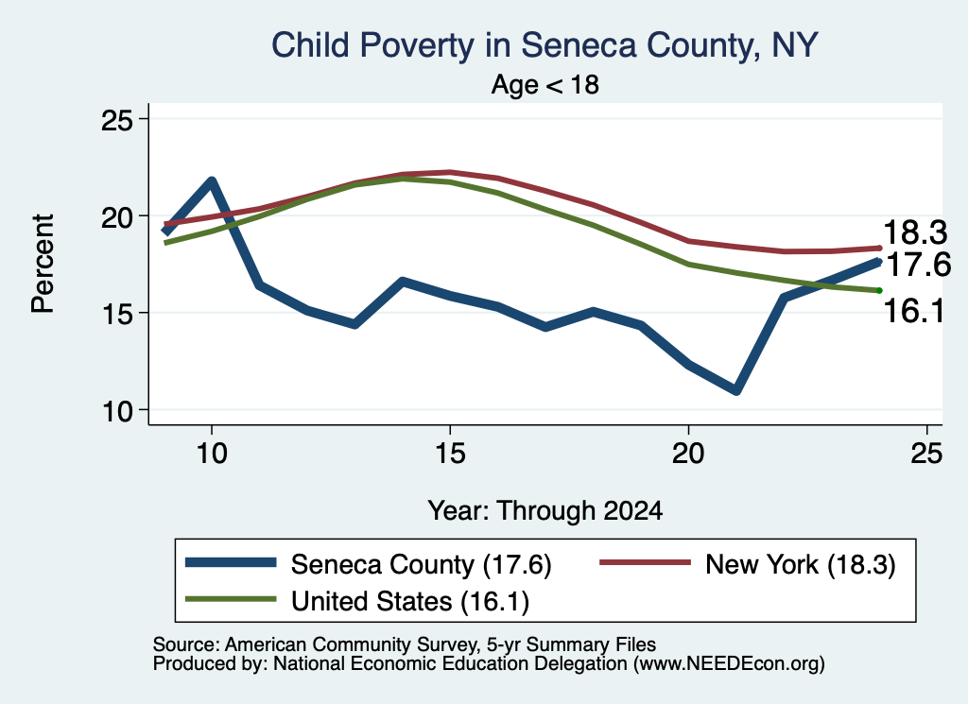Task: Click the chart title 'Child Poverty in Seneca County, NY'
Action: (x=544, y=45)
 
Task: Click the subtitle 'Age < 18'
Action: (x=545, y=84)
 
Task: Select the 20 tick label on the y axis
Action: (x=117, y=216)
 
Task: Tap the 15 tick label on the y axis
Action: (x=117, y=314)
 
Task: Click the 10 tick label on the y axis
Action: (x=117, y=410)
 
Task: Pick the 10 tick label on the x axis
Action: (x=212, y=454)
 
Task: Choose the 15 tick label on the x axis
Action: (x=450, y=454)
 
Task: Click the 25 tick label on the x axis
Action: (x=926, y=454)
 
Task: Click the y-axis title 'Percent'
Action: (x=43, y=264)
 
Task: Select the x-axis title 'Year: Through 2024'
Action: (x=545, y=511)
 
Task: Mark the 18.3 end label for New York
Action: (x=915, y=232)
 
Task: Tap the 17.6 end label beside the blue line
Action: (x=918, y=265)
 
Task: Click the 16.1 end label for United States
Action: (x=914, y=310)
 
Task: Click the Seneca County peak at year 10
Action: (x=212, y=181)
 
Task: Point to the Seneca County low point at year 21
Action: (x=735, y=390)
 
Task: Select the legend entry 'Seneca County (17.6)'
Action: (x=369, y=564)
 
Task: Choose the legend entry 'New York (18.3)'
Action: (x=748, y=564)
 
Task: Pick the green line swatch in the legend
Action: (x=231, y=599)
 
